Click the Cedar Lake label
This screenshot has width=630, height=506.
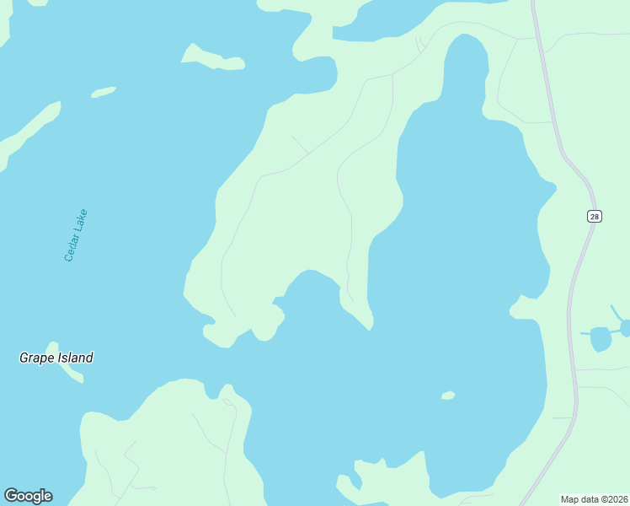point(77,235)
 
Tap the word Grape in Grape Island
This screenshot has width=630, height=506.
point(37,358)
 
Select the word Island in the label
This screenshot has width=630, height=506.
point(75,358)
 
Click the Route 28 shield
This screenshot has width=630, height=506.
point(595,217)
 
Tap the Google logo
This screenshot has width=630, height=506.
point(28,496)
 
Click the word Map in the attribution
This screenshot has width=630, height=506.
point(571,499)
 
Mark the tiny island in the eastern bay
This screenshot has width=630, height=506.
point(448,395)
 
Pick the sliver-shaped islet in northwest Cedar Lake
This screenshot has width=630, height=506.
point(103,92)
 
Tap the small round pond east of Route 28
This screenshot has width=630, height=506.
point(601,338)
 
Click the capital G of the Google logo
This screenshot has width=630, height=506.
point(11,496)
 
